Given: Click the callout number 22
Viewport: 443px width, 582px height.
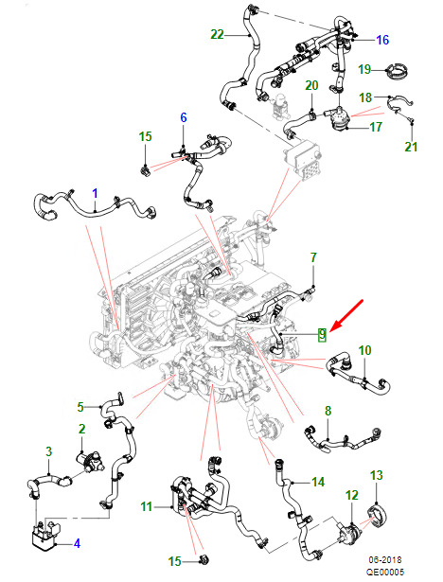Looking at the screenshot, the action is pyautogui.click(x=217, y=34).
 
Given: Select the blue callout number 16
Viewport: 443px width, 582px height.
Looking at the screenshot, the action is pyautogui.click(x=382, y=40).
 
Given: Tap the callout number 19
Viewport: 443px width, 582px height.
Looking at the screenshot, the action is pyautogui.click(x=364, y=69).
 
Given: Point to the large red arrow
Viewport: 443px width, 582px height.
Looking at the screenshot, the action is pyautogui.click(x=346, y=314).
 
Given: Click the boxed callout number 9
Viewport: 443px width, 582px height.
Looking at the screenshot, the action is pyautogui.click(x=322, y=335).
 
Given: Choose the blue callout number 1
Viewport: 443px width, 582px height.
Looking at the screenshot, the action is pyautogui.click(x=95, y=193).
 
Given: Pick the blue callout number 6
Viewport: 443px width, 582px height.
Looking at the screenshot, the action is pyautogui.click(x=184, y=117).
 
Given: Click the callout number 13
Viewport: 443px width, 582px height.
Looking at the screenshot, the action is pyautogui.click(x=376, y=475).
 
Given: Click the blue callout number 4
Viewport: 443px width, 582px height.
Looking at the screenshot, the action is pyautogui.click(x=77, y=543).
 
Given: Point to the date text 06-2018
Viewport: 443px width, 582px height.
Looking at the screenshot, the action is pyautogui.click(x=385, y=559).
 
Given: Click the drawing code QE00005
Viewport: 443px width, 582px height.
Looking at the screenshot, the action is pyautogui.click(x=385, y=572).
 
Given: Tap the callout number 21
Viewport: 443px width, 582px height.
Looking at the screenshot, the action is pyautogui.click(x=411, y=147).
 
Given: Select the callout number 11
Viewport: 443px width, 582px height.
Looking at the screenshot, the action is pyautogui.click(x=147, y=506).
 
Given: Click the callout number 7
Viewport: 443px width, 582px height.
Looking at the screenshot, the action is pyautogui.click(x=313, y=257).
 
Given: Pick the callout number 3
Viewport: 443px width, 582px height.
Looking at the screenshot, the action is pyautogui.click(x=48, y=451).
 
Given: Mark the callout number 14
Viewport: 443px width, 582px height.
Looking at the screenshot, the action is pyautogui.click(x=318, y=482).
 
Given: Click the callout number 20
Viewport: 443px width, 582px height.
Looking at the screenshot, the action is pyautogui.click(x=311, y=85).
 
